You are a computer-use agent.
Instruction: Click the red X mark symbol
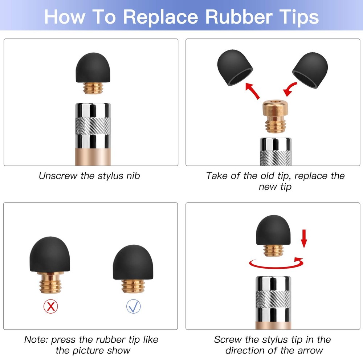coord(51,307)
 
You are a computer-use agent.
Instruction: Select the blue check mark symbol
coord(134,307)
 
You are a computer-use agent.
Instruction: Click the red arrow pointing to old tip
coord(253,90)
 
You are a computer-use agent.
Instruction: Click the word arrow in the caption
coord(309,350)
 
